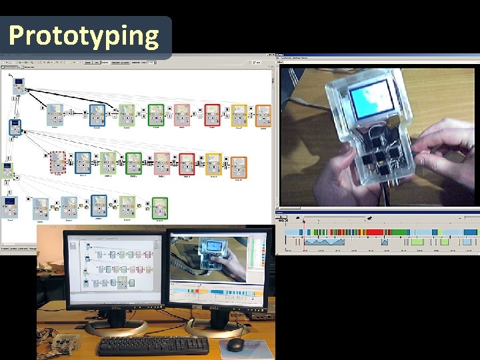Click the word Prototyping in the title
pos(85,35)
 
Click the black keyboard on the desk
pos(153,345)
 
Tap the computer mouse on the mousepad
pos(235,344)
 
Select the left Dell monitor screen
pos(113,267)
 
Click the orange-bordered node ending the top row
pos(264,115)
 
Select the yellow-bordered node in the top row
pos(238,115)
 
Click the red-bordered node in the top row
pos(212,115)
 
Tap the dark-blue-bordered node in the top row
pos(97,115)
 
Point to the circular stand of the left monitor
pos(116,328)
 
